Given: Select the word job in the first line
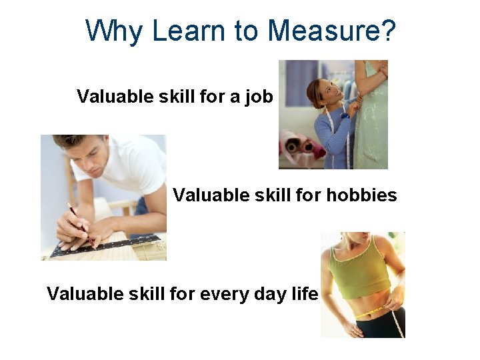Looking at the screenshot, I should coord(259,97).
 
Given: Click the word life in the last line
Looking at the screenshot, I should coord(305,294).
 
